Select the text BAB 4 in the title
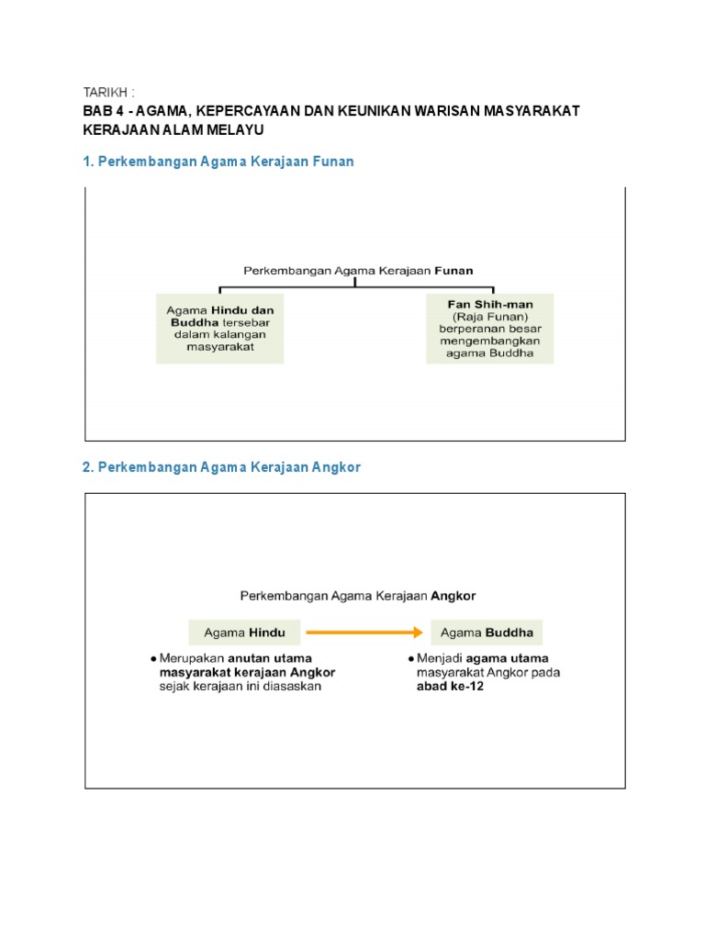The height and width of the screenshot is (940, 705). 104,111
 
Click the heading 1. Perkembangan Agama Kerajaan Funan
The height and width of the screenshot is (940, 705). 218,162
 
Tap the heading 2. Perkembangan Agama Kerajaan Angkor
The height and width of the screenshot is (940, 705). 222,467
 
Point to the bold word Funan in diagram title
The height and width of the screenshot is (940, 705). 453,271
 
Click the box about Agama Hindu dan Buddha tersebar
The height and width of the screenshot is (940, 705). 219,329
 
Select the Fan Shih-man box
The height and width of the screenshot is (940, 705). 489,329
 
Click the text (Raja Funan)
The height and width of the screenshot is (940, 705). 489,317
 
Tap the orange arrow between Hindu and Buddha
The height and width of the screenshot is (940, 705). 364,632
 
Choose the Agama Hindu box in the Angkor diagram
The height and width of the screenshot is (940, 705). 244,632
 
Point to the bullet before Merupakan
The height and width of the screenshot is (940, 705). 152,659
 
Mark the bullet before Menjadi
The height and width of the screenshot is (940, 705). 410,659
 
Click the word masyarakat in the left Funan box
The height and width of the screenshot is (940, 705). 220,348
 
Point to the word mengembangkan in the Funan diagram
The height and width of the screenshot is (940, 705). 489,341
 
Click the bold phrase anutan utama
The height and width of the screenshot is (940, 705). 270,658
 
